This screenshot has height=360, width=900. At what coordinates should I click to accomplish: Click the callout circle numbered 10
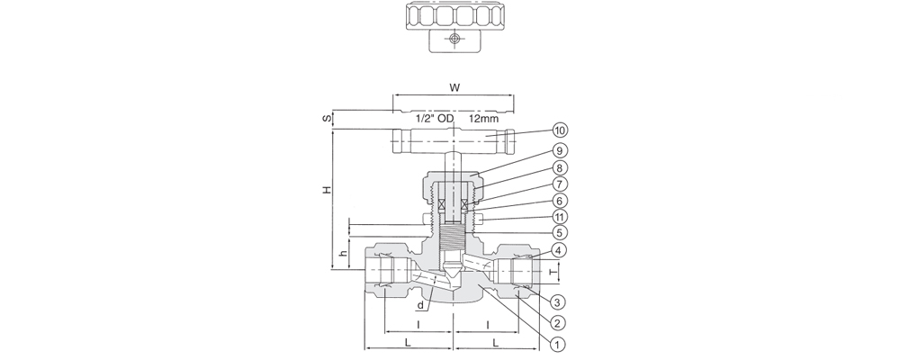[x=560, y=130]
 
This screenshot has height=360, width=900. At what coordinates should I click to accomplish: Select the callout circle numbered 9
[x=560, y=150]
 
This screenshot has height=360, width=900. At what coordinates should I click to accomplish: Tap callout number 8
[x=560, y=167]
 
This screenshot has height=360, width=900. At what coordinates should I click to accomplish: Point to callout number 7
[x=560, y=184]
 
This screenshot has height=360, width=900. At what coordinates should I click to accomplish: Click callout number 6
[x=560, y=201]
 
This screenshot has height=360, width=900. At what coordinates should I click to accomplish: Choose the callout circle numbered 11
[x=560, y=217]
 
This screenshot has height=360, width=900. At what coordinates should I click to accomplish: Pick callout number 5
[x=560, y=232]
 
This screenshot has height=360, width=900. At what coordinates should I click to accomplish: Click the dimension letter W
[x=454, y=88]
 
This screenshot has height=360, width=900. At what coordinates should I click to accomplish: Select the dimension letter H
[x=327, y=190]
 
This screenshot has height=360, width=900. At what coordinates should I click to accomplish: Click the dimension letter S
[x=326, y=119]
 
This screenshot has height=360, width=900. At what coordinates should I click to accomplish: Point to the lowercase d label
[x=420, y=305]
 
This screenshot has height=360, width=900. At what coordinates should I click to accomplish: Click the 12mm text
[x=483, y=120]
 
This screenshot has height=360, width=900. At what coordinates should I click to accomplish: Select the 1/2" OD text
[x=435, y=120]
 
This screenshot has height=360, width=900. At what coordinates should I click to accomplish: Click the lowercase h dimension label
[x=342, y=253]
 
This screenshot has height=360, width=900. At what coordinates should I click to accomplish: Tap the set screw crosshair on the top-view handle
[x=454, y=39]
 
